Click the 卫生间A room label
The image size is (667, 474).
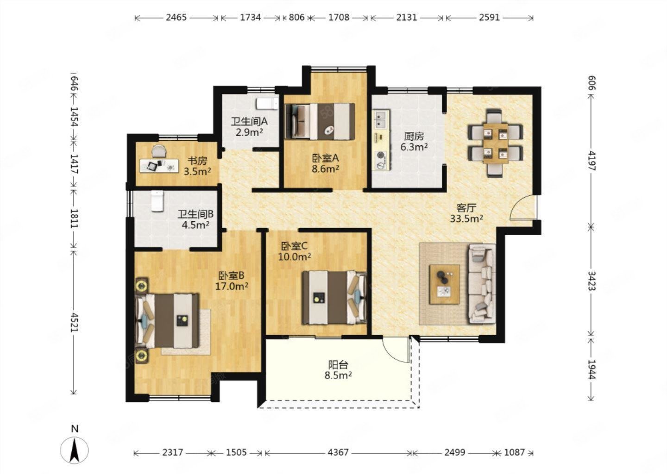pyautogui.click(x=250, y=121)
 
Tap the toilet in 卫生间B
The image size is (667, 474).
pyautogui.click(x=157, y=201)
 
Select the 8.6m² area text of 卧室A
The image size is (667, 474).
pyautogui.click(x=325, y=169)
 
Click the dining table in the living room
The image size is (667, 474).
pyautogui.click(x=495, y=143)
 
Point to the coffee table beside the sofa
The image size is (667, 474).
pyautogui.click(x=444, y=285)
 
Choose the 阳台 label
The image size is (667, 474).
pyautogui.click(x=338, y=364)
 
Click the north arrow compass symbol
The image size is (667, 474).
pyautogui.click(x=75, y=450)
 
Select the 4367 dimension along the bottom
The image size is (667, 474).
pyautogui.click(x=338, y=453)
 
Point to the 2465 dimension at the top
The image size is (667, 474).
pyautogui.click(x=176, y=18)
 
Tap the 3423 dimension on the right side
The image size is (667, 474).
pyautogui.click(x=591, y=281)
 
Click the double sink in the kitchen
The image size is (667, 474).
pyautogui.click(x=381, y=119)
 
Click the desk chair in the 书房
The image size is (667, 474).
pyautogui.click(x=159, y=151)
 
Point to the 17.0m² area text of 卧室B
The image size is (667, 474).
pyautogui.click(x=232, y=286)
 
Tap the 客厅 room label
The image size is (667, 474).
pyautogui.click(x=466, y=207)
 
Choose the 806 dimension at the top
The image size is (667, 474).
pyautogui.click(x=296, y=18)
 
